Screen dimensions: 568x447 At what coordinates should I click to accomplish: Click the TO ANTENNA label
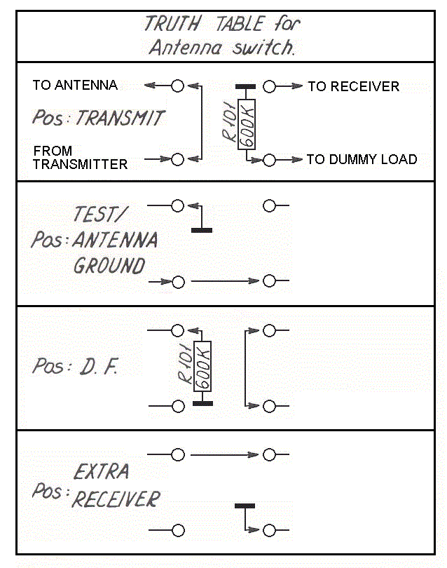click(x=75, y=85)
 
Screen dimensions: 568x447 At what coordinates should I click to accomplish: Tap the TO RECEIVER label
click(x=353, y=86)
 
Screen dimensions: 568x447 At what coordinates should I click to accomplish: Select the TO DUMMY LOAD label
click(x=362, y=159)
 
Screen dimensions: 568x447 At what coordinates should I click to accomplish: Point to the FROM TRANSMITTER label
click(x=80, y=158)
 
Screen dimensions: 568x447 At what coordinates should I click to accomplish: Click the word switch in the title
click(x=268, y=49)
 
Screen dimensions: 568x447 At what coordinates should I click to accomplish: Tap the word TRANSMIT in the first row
click(x=119, y=117)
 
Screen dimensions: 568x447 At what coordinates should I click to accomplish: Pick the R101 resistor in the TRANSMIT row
click(x=246, y=124)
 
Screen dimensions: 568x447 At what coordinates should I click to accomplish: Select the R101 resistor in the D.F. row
click(x=202, y=367)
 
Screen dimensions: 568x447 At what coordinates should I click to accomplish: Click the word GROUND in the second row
click(x=109, y=266)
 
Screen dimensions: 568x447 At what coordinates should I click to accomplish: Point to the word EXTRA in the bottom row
click(x=101, y=471)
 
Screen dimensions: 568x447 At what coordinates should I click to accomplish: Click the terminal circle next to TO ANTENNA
click(x=177, y=86)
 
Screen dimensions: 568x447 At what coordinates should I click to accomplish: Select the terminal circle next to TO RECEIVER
click(x=270, y=86)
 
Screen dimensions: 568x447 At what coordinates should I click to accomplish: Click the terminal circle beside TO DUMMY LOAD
click(x=270, y=160)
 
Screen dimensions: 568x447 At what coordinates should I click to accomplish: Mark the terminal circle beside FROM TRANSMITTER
click(x=177, y=160)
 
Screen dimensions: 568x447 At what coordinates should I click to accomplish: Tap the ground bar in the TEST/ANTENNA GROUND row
click(x=202, y=229)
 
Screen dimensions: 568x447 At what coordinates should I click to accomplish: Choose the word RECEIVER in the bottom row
click(x=116, y=499)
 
